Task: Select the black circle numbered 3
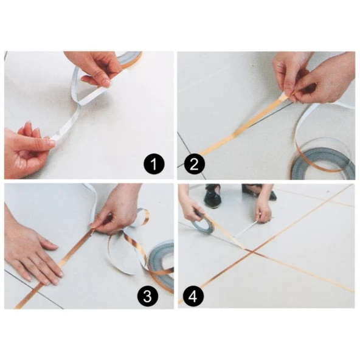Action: [147, 296]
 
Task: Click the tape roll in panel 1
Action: [130, 59]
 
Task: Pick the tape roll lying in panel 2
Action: [323, 160]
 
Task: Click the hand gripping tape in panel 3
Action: [119, 210]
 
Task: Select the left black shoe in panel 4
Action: [212, 195]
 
